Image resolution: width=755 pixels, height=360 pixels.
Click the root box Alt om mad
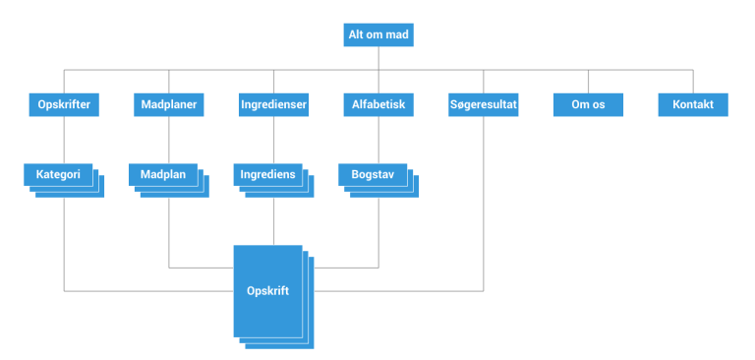point(378,35)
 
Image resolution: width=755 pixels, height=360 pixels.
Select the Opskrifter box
point(64,104)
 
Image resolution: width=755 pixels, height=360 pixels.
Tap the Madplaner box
point(169,104)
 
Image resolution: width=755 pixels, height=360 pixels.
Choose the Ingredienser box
point(273,104)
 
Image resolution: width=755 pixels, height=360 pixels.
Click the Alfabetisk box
point(378,104)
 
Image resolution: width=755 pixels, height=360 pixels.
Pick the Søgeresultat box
point(483,104)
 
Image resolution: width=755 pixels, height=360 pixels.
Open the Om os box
point(588,104)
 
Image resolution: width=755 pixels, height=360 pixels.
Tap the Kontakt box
point(692,104)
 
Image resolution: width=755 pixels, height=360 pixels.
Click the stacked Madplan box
point(163,175)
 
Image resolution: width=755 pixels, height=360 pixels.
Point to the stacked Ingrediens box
point(267,175)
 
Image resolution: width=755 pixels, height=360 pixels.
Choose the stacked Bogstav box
point(373,175)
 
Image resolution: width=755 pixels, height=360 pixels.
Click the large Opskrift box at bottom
point(267,291)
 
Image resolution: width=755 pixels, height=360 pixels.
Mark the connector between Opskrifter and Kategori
point(64,140)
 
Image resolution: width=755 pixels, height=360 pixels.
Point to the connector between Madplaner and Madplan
point(169,140)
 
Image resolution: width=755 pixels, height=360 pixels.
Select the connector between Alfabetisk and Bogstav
point(378,140)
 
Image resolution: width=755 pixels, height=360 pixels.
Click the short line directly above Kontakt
point(692,81)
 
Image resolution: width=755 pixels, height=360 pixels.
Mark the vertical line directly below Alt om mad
point(378,58)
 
